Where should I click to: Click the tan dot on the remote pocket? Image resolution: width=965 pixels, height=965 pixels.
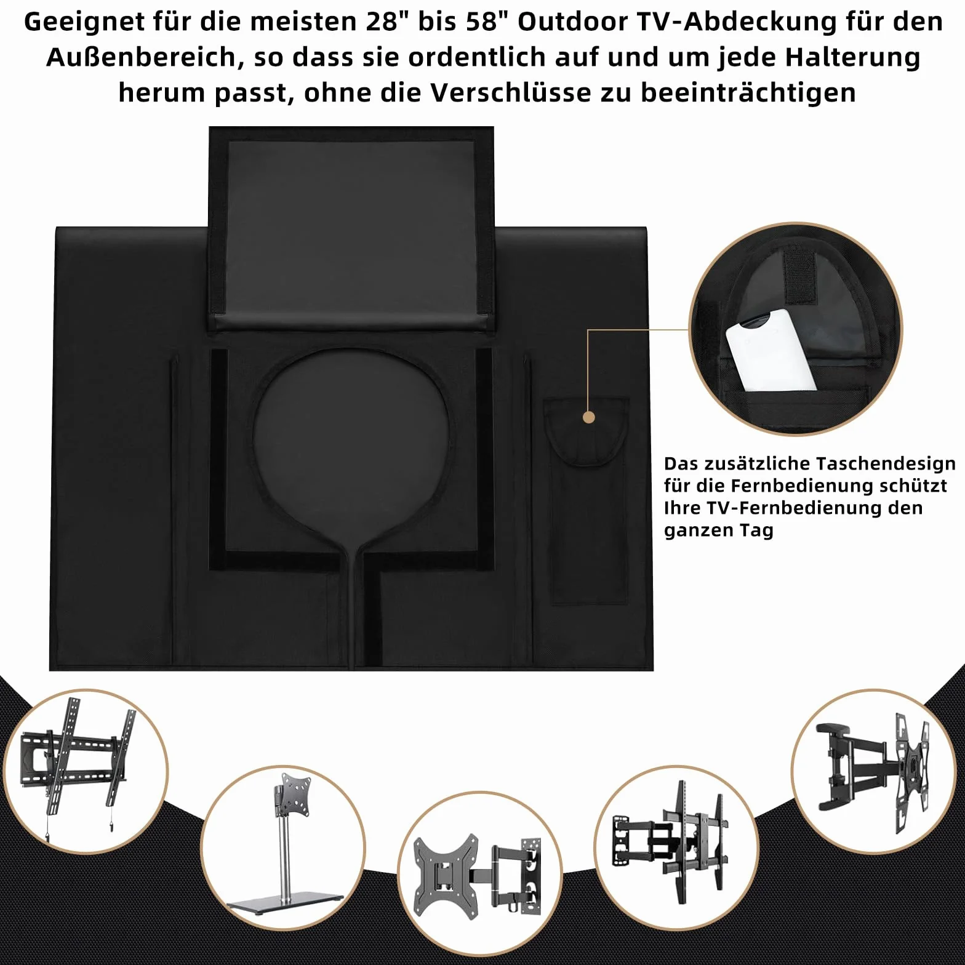(589, 417)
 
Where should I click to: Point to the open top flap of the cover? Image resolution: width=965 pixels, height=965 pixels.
(351, 229)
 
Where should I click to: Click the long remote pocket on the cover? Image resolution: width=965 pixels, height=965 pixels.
(587, 500)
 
